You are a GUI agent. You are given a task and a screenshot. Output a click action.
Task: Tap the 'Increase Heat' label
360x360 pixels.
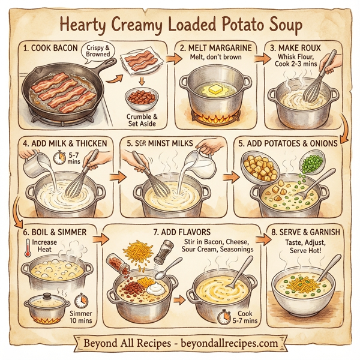pyautogui.click(x=43, y=246)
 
